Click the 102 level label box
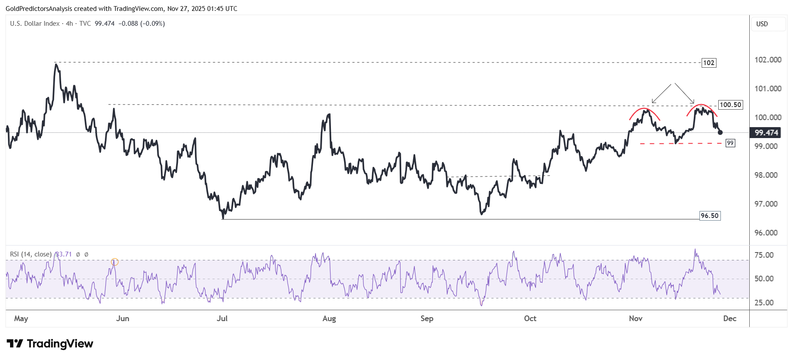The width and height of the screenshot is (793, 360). point(709,63)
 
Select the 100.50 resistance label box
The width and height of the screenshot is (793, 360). point(730,105)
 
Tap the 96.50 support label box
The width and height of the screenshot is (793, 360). point(710,216)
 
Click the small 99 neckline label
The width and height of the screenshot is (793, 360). point(730,143)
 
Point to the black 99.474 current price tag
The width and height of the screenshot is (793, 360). point(766,133)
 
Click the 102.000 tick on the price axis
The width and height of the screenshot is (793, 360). point(768,60)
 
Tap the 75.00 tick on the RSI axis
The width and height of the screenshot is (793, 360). point(764,255)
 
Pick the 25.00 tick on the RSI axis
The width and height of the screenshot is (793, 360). point(764,303)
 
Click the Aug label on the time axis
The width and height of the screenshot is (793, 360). point(329,318)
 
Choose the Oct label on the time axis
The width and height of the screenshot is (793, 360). point(530,318)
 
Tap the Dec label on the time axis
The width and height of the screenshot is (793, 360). point(730,318)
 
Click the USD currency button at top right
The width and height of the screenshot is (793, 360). point(762,24)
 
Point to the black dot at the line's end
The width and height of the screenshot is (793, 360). point(720,132)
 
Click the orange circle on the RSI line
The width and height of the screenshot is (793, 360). point(115,262)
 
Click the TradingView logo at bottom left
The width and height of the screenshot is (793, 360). point(50,344)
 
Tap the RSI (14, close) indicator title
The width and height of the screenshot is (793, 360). point(31,254)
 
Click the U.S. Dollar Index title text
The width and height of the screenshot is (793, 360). point(35,24)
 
